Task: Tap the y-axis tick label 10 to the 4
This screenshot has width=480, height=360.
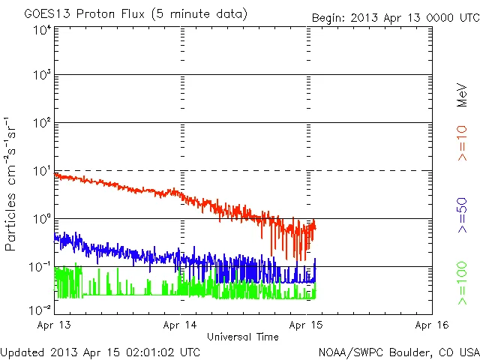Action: (41, 30)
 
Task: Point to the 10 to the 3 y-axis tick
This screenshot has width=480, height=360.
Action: (41, 75)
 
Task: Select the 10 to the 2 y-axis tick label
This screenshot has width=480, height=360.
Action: (41, 123)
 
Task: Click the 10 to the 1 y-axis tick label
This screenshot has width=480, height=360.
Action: (41, 171)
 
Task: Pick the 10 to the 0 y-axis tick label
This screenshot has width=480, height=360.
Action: (41, 219)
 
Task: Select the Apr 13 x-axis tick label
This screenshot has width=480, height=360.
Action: (55, 325)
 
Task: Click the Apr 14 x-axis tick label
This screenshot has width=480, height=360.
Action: (181, 325)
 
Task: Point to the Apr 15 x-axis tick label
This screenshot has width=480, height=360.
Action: (306, 325)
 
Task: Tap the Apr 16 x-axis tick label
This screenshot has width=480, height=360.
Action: (432, 325)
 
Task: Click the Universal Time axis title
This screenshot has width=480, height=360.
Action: (243, 337)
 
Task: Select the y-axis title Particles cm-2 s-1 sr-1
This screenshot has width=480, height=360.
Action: (12, 184)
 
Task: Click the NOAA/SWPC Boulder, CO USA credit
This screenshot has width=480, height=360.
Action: (398, 351)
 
